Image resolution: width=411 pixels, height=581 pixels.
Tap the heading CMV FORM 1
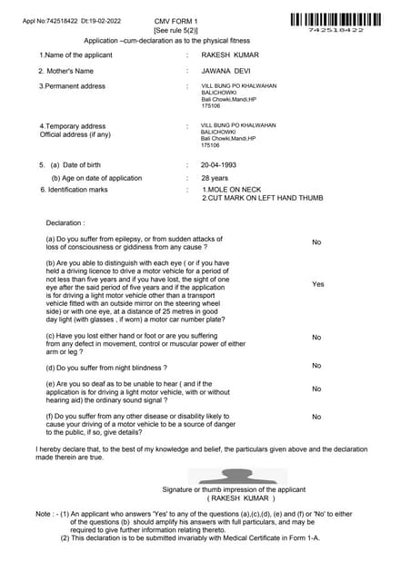coord(175,20)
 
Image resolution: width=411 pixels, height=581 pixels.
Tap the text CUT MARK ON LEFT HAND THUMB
coord(265,198)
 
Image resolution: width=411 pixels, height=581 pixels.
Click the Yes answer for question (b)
coord(317,284)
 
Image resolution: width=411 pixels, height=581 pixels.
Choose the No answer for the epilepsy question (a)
coord(316,242)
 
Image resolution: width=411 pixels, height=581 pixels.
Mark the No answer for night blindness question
coord(316,366)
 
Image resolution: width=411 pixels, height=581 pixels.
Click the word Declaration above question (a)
coord(65,222)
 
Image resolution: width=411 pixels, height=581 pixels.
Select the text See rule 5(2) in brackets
coord(175,31)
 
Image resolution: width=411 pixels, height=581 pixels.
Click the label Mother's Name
coord(65,71)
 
